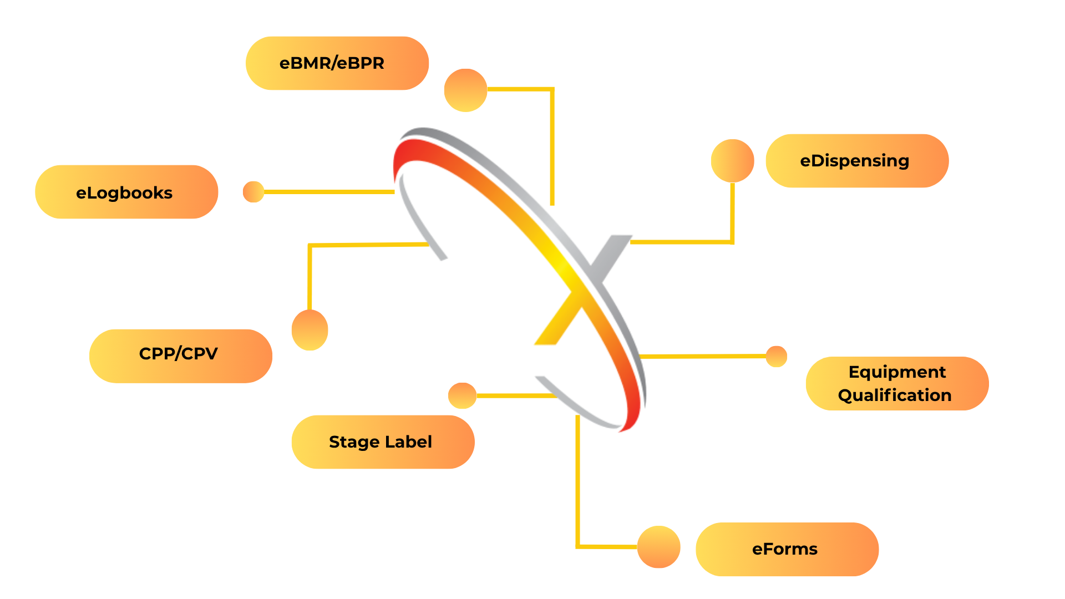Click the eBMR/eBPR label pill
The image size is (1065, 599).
tap(337, 63)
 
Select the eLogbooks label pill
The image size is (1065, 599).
tap(126, 192)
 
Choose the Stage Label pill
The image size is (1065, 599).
tap(383, 442)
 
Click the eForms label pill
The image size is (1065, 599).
tap(787, 549)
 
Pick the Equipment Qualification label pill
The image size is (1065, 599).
tap(896, 384)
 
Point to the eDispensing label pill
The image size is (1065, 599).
tap(856, 161)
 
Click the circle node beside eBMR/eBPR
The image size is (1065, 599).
tap(465, 90)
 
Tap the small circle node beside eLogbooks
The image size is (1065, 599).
tap(253, 192)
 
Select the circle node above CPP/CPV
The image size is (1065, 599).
tap(310, 330)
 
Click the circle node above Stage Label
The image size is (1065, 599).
tap(462, 395)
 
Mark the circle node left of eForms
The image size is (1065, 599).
tap(658, 547)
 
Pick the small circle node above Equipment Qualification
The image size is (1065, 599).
tap(776, 357)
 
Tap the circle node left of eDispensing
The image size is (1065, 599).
tap(732, 161)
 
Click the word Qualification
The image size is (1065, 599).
tap(894, 395)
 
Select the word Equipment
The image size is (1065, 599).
tap(897, 372)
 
